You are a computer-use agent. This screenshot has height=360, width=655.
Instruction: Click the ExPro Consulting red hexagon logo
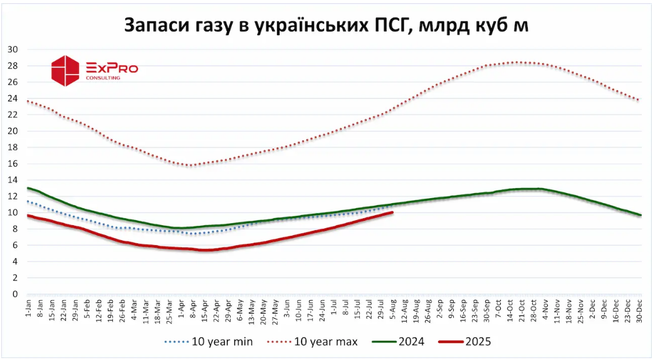65,70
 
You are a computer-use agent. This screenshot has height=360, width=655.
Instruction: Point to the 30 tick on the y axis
13,50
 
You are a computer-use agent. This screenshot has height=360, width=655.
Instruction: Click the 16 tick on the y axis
13,164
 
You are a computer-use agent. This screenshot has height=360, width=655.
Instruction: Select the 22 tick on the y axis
13,115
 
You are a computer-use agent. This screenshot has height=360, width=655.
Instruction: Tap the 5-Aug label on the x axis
393,310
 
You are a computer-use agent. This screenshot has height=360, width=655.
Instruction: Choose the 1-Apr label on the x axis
181,310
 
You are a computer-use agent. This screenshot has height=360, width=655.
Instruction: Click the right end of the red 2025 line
392,213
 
